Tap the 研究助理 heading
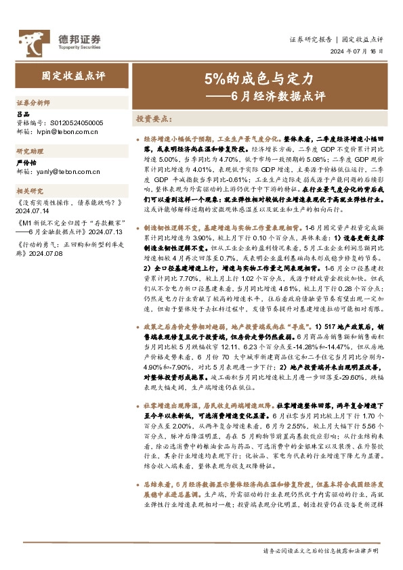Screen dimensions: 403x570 (28, 152)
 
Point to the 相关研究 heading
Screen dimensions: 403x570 (28, 191)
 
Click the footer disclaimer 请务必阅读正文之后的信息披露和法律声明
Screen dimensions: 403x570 (322, 552)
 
